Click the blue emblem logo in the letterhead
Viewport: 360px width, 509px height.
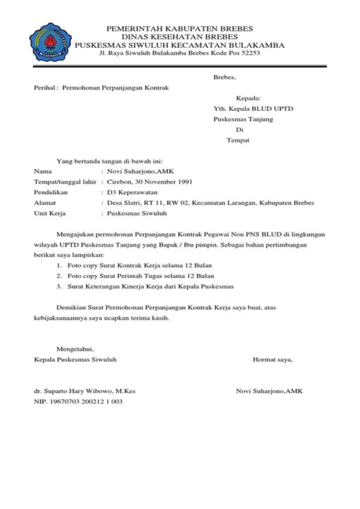(50, 42)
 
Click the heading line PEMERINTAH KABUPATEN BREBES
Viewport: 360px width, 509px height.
(180, 29)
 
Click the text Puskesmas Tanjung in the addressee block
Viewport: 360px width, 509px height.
(243, 119)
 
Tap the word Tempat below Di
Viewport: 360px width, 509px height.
(238, 140)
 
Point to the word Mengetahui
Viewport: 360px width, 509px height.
(75, 349)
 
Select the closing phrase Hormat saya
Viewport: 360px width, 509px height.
(272, 359)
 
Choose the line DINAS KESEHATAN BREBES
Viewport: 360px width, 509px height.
(180, 37)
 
